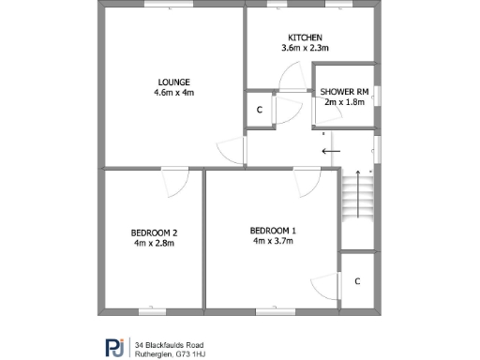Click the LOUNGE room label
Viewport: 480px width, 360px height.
point(173,82)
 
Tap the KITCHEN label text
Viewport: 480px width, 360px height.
point(306,37)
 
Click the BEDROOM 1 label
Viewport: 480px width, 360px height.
point(273,231)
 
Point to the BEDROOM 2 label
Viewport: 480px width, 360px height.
point(155,232)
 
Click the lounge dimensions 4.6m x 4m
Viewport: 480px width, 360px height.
point(173,93)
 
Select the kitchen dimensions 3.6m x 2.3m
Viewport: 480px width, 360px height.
point(306,48)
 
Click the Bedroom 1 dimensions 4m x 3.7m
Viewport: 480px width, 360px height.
point(273,241)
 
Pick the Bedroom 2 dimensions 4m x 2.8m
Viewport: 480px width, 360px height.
point(155,243)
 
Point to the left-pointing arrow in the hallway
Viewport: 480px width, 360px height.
point(329,150)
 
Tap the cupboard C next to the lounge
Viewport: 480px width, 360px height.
point(260,110)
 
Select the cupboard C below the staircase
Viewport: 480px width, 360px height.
point(357,280)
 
